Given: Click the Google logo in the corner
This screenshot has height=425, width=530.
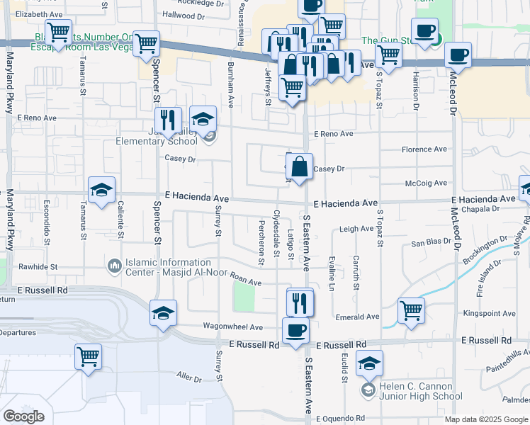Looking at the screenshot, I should pos(23,416).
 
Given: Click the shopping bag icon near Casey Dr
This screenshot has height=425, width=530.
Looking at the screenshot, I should pos(300,168).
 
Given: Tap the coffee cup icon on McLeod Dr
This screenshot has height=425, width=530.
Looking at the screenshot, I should pos(458,55).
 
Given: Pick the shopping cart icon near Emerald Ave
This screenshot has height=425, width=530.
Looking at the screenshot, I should pos(411,310).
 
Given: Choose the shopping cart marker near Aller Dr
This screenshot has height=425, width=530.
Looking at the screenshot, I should pos(88,356).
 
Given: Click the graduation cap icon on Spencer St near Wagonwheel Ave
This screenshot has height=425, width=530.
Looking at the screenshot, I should pos(164,313).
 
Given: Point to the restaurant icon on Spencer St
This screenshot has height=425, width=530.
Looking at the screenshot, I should pos(168,120).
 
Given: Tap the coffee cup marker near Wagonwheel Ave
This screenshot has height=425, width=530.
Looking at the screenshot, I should pos(295,330).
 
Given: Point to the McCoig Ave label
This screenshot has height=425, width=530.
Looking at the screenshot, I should pos(426,183).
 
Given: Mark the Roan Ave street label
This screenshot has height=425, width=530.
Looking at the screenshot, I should pos(247,281).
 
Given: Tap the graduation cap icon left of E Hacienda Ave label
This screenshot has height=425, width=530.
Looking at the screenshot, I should pos(101,189).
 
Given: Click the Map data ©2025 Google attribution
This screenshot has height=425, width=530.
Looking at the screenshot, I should pos(485,419).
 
